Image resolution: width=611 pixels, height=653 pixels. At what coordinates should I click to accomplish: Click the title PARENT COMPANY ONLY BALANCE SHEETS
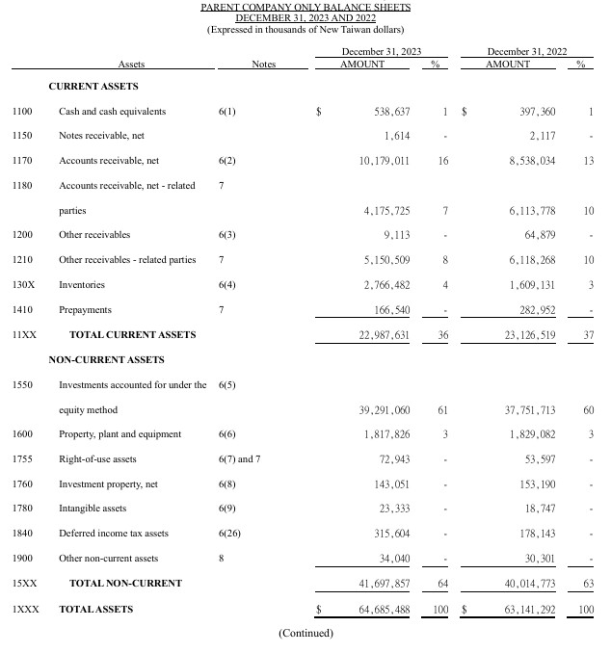(305, 8)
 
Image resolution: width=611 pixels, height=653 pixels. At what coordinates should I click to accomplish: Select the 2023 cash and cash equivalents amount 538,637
(392, 111)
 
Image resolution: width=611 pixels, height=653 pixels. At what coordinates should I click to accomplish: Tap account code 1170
(22, 161)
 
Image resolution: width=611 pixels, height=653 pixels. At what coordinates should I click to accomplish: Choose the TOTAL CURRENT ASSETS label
(132, 335)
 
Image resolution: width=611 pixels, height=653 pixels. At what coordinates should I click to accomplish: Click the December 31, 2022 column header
(527, 51)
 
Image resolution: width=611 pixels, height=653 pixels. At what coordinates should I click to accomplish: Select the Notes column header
(263, 65)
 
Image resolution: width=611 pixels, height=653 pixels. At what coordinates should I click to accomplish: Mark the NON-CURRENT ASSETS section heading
(106, 360)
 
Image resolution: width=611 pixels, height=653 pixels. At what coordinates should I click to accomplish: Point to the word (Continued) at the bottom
(305, 634)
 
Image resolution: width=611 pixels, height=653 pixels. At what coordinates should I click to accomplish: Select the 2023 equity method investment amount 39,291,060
(385, 410)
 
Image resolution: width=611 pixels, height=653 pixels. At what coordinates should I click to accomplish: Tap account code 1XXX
(25, 609)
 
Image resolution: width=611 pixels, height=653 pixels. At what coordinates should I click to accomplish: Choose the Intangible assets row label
(93, 509)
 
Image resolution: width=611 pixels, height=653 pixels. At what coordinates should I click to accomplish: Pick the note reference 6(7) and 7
(240, 459)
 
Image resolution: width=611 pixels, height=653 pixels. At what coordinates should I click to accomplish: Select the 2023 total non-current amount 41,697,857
(385, 584)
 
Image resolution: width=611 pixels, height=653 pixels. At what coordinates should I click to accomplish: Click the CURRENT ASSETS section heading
(93, 87)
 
